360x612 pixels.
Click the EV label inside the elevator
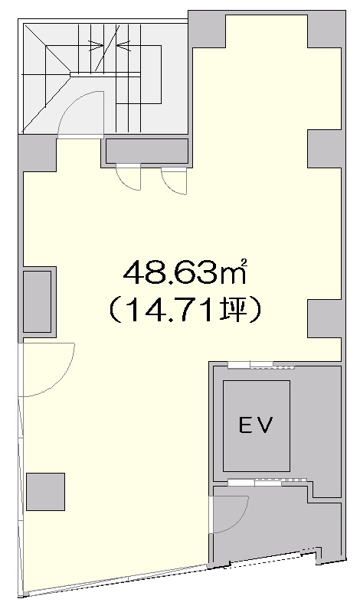click(256, 424)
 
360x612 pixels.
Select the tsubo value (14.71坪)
click(183, 310)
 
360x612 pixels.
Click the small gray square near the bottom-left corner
click(45, 491)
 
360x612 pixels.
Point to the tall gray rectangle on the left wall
click(38, 301)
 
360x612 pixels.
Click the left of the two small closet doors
click(129, 177)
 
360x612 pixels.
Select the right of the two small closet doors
click(175, 181)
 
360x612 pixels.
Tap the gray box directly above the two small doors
click(146, 151)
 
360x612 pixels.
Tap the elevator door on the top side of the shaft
click(260, 365)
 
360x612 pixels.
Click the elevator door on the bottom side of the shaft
click(261, 481)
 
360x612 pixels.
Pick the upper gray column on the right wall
click(324, 148)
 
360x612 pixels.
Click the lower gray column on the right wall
click(324, 318)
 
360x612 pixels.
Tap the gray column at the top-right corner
click(325, 29)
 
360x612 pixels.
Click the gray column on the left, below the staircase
click(36, 153)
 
